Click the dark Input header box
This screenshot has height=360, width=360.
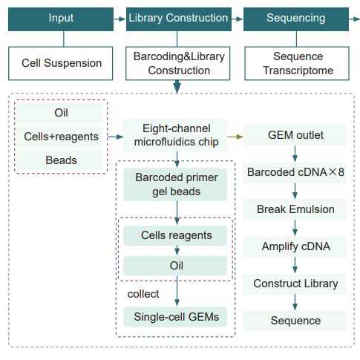click(x=62, y=17)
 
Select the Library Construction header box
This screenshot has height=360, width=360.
click(x=178, y=17)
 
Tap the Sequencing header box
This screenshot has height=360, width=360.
click(x=296, y=17)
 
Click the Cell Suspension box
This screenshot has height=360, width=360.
click(x=62, y=63)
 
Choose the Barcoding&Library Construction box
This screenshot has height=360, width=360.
click(x=178, y=63)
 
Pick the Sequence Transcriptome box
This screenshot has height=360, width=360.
click(x=296, y=63)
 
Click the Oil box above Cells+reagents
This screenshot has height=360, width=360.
click(x=61, y=113)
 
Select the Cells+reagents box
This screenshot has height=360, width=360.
click(x=61, y=136)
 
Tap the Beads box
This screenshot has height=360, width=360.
click(x=61, y=159)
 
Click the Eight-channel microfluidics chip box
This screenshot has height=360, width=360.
click(x=177, y=136)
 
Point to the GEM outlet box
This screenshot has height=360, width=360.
click(x=295, y=136)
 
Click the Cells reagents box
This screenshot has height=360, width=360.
click(x=177, y=235)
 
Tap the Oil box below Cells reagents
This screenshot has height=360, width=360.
click(x=177, y=265)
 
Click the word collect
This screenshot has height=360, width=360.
click(x=143, y=293)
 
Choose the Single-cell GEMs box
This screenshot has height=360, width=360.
click(x=177, y=318)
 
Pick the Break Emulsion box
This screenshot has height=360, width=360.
click(x=295, y=209)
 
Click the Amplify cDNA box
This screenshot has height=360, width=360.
click(x=295, y=246)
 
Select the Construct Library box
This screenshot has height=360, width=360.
click(x=295, y=284)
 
